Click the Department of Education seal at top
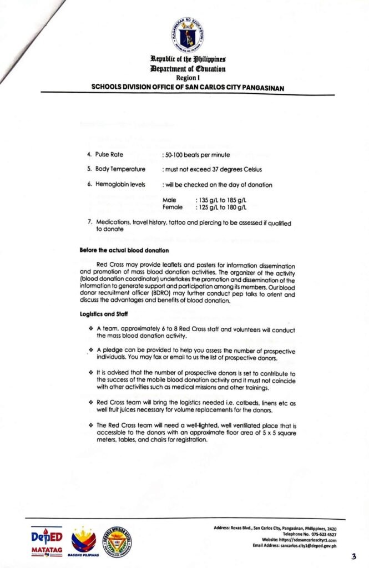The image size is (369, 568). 186,34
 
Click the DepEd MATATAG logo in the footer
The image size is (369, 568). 47,539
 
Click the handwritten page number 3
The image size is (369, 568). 353,556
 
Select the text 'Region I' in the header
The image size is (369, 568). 186,78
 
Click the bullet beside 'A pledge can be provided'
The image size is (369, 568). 90,351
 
